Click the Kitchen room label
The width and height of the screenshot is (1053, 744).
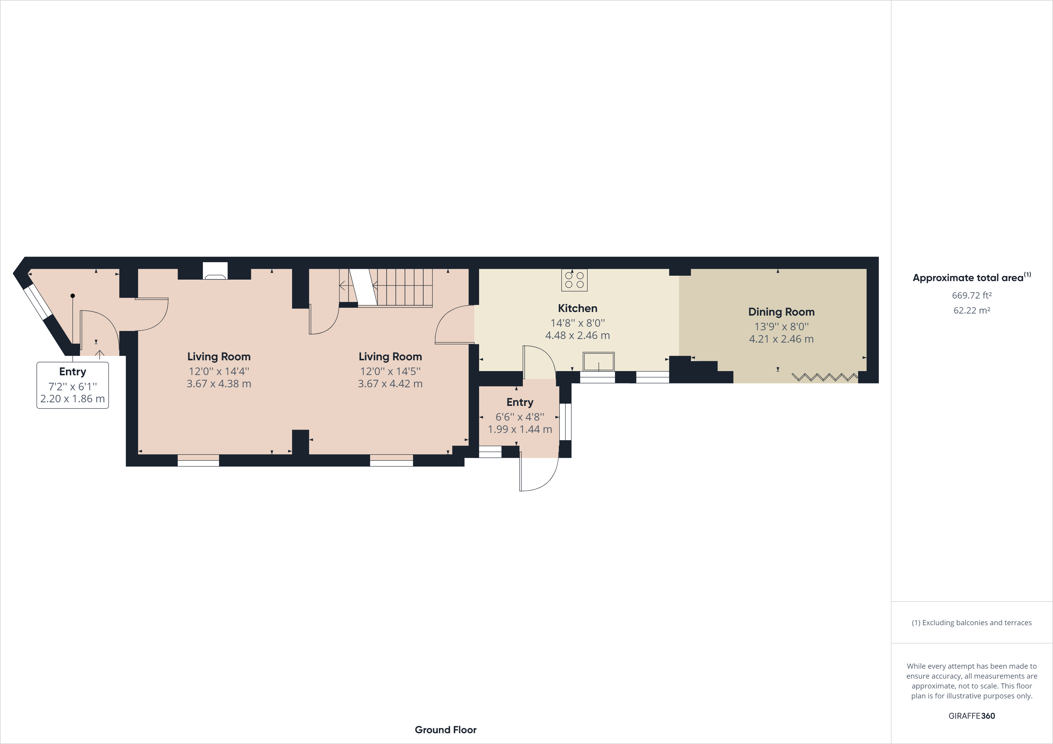point(578,308)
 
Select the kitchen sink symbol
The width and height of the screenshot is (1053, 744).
point(599,361)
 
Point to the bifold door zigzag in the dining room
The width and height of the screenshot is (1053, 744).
point(825,377)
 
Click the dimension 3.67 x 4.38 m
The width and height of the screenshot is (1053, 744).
point(219,384)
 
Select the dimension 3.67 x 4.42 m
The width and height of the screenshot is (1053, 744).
point(390,384)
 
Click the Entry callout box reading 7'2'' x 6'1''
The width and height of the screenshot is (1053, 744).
point(72,385)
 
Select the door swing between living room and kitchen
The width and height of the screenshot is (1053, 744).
point(454,325)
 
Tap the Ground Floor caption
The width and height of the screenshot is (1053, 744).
point(445,730)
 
